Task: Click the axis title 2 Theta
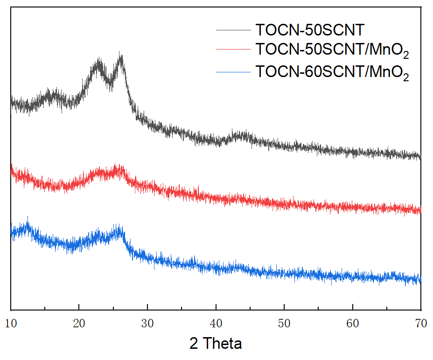(x=216, y=344)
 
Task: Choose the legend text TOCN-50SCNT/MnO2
(x=332, y=49)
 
